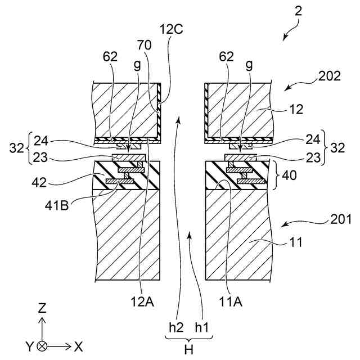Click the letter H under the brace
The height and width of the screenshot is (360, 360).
click(189, 349)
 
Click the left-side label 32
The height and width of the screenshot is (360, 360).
click(17, 148)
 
